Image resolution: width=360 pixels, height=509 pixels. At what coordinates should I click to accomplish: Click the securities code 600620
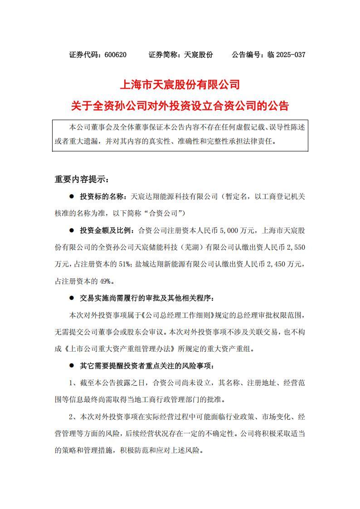coord(115,55)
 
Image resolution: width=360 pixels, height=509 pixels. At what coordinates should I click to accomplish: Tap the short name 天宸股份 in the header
coord(199,55)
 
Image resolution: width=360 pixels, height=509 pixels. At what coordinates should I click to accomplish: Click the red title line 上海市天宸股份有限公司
coord(180,85)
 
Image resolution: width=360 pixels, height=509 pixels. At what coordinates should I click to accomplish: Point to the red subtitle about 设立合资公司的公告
coord(180,106)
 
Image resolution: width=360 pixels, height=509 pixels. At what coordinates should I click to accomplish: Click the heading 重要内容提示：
coord(82,179)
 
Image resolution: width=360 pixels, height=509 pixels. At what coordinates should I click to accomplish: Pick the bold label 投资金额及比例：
coord(107,230)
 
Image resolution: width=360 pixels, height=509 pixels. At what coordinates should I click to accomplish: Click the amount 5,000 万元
coord(237,230)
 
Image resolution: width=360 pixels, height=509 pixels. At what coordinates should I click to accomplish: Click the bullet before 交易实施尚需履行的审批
coord(71,298)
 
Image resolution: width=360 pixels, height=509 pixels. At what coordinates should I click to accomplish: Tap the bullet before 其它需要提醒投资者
coord(71,366)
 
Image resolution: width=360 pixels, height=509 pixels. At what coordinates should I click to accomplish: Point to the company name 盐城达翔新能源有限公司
coord(177,264)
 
